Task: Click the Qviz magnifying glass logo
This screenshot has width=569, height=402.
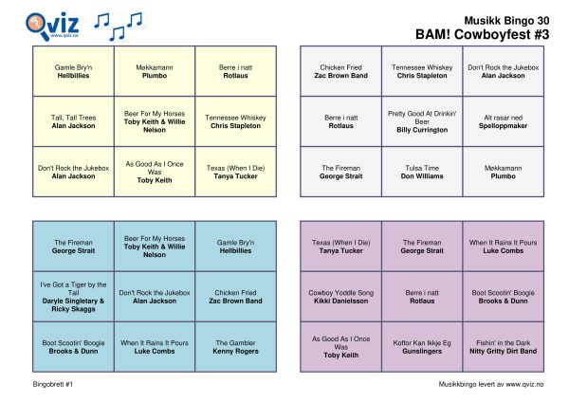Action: pyautogui.click(x=52, y=27)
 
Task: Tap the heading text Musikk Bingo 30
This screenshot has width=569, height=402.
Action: pyautogui.click(x=506, y=21)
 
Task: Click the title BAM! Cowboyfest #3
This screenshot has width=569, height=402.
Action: pyautogui.click(x=483, y=34)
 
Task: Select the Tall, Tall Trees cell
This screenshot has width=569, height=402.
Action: pyautogui.click(x=73, y=121)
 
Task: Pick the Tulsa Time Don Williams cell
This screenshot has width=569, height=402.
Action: pyautogui.click(x=422, y=172)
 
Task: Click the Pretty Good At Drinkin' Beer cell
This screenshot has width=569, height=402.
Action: pyautogui.click(x=422, y=121)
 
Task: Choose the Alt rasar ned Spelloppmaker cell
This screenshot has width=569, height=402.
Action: pyautogui.click(x=504, y=121)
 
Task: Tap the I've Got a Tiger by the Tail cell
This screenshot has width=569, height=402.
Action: pyautogui.click(x=73, y=297)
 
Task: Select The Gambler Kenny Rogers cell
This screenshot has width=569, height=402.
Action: pyautogui.click(x=235, y=347)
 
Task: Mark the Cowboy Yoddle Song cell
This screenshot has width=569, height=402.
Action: pyautogui.click(x=341, y=297)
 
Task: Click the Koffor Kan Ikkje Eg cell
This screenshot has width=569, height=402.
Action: pyautogui.click(x=422, y=347)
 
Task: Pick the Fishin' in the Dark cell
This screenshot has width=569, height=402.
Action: pyautogui.click(x=504, y=347)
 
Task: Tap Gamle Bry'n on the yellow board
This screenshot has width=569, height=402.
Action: pyautogui.click(x=73, y=71)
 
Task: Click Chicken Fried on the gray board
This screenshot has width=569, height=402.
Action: pyautogui.click(x=341, y=71)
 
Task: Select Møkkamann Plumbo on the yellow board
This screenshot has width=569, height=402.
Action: pyautogui.click(x=155, y=71)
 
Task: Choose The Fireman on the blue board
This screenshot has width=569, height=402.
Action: pyautogui.click(x=73, y=247)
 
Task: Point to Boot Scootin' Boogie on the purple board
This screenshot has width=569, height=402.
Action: pyautogui.click(x=504, y=297)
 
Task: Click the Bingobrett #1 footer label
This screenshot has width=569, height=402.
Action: pyautogui.click(x=52, y=384)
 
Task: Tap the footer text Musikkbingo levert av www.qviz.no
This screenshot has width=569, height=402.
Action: pyautogui.click(x=491, y=384)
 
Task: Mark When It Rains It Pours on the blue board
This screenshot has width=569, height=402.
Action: pyautogui.click(x=155, y=347)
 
